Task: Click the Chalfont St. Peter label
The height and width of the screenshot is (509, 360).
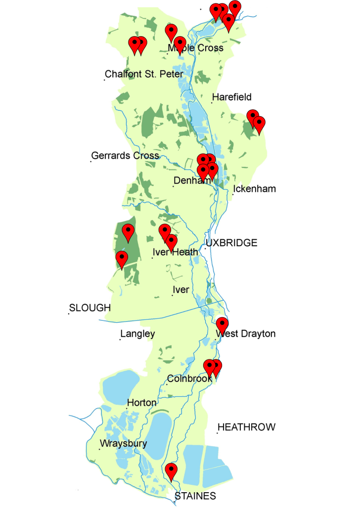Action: (x=144, y=75)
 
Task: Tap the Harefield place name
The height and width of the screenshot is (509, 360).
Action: (x=232, y=97)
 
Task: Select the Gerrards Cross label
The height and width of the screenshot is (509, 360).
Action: (x=126, y=156)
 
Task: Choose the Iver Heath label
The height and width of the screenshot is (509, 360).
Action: (x=176, y=252)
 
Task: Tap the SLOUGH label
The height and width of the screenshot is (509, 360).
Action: (x=90, y=308)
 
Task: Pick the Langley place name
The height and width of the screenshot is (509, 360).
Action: (x=138, y=334)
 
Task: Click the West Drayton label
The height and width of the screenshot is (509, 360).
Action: (x=246, y=334)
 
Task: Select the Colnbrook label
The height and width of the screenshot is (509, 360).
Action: (x=190, y=379)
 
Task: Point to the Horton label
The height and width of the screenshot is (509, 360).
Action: (x=142, y=403)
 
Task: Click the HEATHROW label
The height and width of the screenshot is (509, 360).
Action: (x=247, y=427)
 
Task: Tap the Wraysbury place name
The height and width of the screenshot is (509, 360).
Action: (x=124, y=443)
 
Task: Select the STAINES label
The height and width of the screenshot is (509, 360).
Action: (x=196, y=496)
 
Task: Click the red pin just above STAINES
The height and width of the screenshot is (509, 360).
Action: (x=171, y=471)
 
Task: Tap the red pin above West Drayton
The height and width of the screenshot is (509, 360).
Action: (x=222, y=326)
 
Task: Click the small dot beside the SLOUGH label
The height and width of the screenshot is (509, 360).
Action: (x=69, y=313)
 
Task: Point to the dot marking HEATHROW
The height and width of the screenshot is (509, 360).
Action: (x=217, y=433)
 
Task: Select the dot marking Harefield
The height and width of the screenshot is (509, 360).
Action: (x=212, y=103)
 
